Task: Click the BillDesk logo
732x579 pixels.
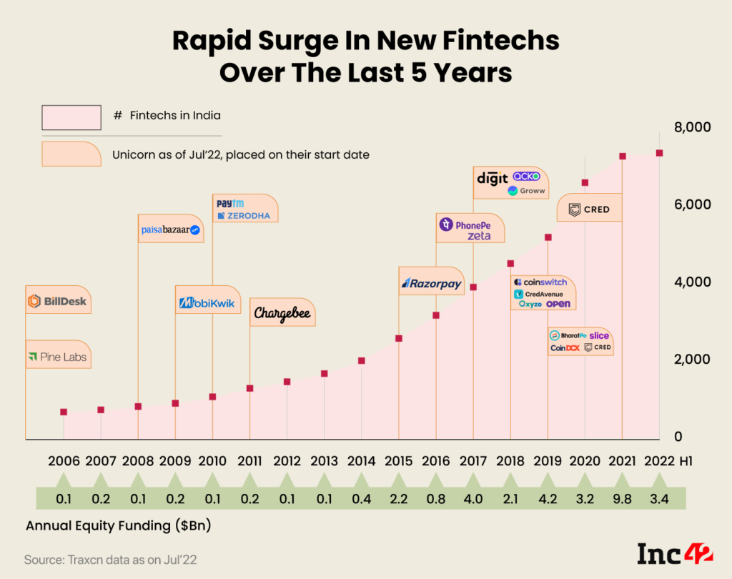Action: click(57, 301)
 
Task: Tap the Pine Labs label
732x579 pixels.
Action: click(57, 356)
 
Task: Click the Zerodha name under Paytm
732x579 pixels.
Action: click(243, 215)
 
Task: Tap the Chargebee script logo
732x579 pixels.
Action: click(282, 314)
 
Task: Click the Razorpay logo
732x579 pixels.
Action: click(432, 283)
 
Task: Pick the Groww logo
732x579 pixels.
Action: click(526, 191)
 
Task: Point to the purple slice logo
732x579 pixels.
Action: click(599, 335)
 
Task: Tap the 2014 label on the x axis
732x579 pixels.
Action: click(362, 460)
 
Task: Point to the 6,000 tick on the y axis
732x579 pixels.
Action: click(693, 204)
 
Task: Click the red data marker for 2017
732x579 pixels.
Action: click(473, 287)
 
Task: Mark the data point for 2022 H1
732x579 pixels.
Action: click(659, 153)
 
